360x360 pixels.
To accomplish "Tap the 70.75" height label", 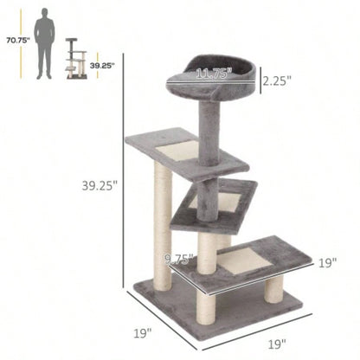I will click(x=17, y=40).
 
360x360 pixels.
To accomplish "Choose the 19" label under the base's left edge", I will click(x=143, y=331).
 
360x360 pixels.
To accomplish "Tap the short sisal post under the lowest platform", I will click(x=274, y=288).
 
